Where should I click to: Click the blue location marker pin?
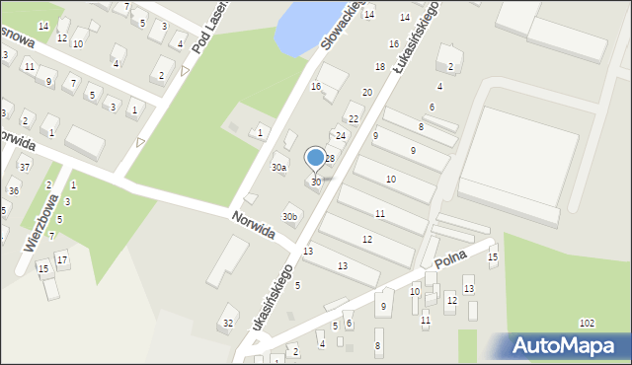tap(316, 158)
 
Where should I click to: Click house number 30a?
tap(279, 168)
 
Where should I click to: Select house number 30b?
tap(289, 217)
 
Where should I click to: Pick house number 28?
tap(330, 158)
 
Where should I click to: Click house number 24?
tap(341, 135)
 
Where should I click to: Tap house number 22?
tap(354, 118)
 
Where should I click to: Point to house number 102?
tap(587, 324)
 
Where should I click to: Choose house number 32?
tap(228, 323)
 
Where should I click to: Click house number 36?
tap(13, 190)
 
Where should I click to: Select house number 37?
tap(25, 168)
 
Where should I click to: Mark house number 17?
tap(61, 259)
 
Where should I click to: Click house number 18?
tap(379, 66)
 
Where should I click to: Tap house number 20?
tap(366, 92)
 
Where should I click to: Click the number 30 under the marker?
tap(316, 182)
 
